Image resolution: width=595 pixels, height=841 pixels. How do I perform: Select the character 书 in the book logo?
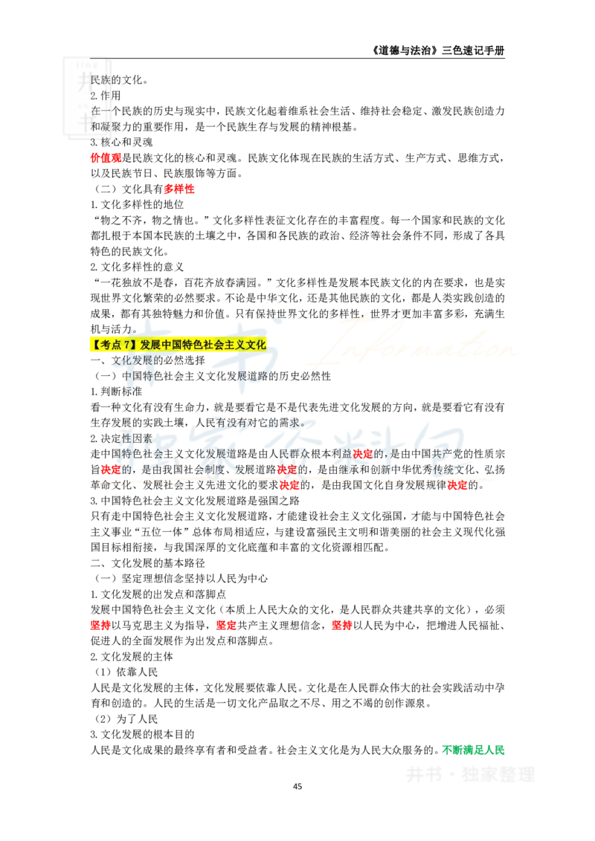pos(87,122)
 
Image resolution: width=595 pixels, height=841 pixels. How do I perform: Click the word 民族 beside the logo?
pos(100,79)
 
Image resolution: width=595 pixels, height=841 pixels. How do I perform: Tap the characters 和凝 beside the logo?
pos(100,126)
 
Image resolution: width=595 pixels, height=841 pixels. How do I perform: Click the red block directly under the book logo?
pos(96,158)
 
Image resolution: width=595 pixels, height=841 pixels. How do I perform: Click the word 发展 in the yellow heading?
pos(149,345)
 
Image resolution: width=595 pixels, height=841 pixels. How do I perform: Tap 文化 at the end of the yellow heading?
pos(257,345)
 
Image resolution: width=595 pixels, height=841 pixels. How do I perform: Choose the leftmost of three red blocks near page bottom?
pos(100,626)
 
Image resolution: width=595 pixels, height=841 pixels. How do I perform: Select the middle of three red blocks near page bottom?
pos(225,626)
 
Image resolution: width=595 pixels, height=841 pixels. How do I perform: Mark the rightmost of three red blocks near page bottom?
pos(341,626)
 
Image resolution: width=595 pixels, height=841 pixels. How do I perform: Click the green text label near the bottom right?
pos(473,750)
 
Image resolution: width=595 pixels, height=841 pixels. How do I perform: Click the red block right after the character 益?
pos(362,452)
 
